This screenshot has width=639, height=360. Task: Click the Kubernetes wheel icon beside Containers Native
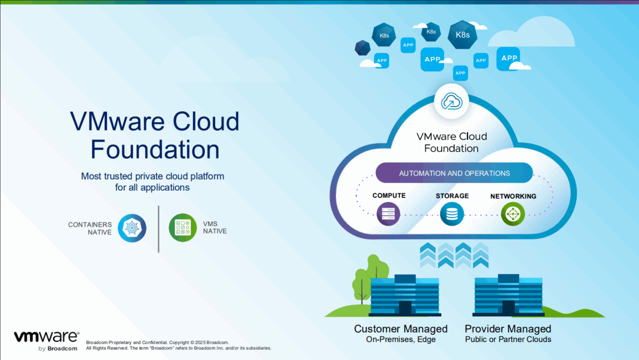click(132, 228)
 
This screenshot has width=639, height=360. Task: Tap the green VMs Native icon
click(182, 228)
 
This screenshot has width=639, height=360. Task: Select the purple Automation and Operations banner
click(454, 173)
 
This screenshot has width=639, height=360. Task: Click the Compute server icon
click(388, 214)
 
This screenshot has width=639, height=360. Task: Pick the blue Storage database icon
click(452, 214)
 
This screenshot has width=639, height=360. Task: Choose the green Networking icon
click(513, 214)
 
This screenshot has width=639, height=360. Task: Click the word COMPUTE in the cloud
click(389, 196)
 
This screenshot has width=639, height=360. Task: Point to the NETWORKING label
click(513, 196)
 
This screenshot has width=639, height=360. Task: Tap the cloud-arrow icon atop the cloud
click(451, 101)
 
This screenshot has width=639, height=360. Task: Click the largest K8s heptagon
click(462, 35)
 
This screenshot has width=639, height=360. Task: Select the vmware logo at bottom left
click(46, 337)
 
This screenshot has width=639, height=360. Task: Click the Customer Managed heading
click(400, 329)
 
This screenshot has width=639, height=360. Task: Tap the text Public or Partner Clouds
click(508, 339)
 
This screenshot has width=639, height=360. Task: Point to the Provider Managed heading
click(508, 329)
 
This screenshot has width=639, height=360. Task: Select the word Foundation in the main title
click(155, 149)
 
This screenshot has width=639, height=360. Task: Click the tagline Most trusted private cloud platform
click(152, 176)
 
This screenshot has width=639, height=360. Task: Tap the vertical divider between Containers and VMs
click(158, 229)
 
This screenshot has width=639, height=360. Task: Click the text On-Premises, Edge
click(400, 339)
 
